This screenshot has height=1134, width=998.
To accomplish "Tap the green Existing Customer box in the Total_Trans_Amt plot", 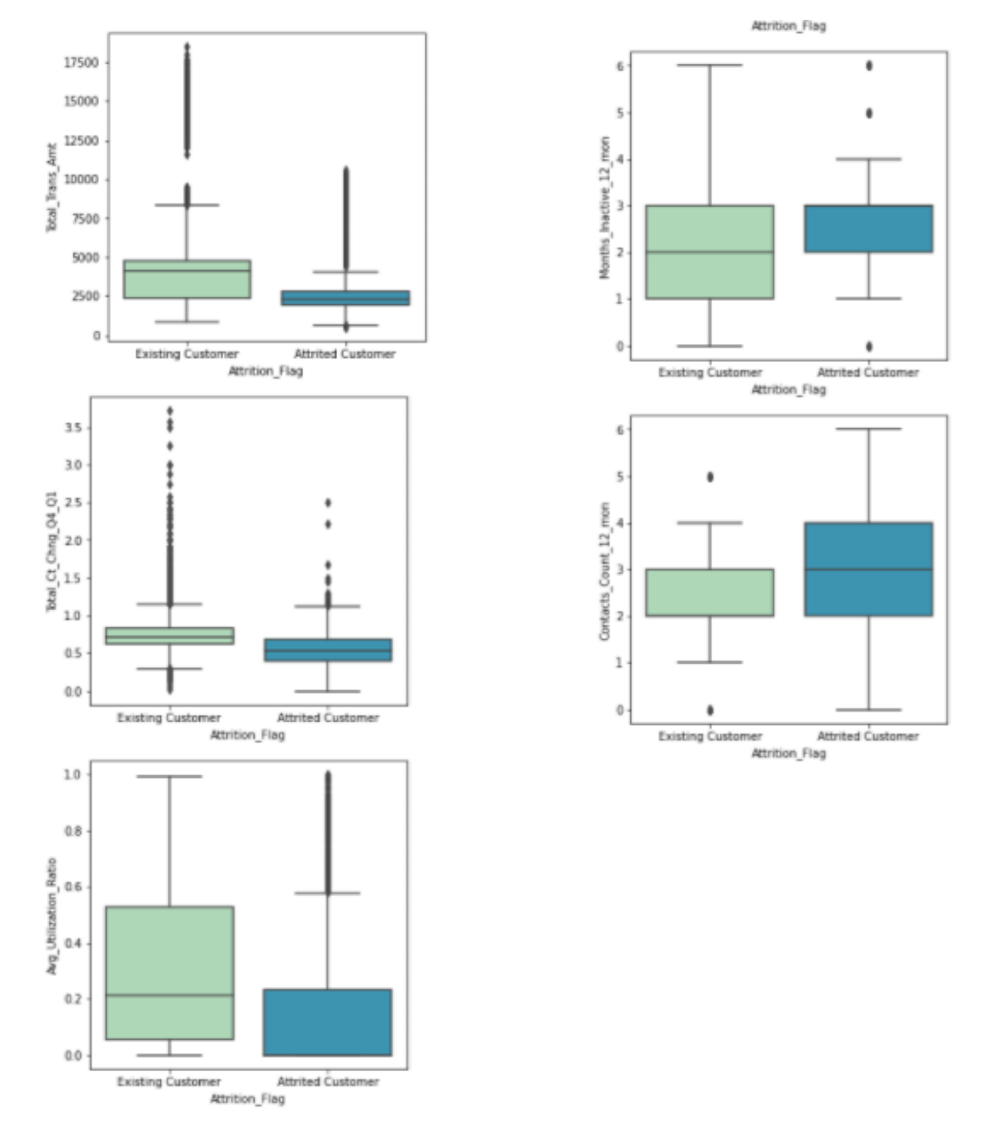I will click(187, 279).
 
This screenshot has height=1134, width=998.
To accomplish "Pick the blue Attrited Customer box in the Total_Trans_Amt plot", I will click(345, 298).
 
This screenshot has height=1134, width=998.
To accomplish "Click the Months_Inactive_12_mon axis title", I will click(605, 207).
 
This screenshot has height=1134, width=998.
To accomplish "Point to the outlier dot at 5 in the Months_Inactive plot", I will click(869, 113).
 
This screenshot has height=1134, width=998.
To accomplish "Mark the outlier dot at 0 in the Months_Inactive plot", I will click(869, 346).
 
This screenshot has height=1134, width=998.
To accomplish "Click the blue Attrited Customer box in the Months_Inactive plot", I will click(869, 228).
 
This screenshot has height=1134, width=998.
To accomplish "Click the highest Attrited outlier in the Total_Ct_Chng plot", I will click(328, 503).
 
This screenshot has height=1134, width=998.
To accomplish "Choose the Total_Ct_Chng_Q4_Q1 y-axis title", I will click(52, 552).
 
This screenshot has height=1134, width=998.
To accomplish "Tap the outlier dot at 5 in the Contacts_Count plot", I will click(710, 477).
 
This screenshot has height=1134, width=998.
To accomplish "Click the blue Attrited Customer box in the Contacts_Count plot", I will click(869, 569).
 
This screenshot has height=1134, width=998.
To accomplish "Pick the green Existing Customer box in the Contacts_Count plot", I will click(710, 592).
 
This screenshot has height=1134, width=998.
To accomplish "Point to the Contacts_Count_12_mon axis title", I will click(605, 570).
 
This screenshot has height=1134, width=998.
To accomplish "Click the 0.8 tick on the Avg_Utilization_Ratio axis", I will click(73, 831).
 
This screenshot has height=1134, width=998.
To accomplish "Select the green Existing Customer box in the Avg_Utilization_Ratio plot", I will click(169, 973).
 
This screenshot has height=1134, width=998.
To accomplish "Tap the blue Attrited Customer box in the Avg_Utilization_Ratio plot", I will click(328, 1022).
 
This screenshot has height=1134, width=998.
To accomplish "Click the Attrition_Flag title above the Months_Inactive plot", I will click(788, 26).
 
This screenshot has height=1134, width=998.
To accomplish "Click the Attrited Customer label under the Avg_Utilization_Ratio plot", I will click(328, 1081).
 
